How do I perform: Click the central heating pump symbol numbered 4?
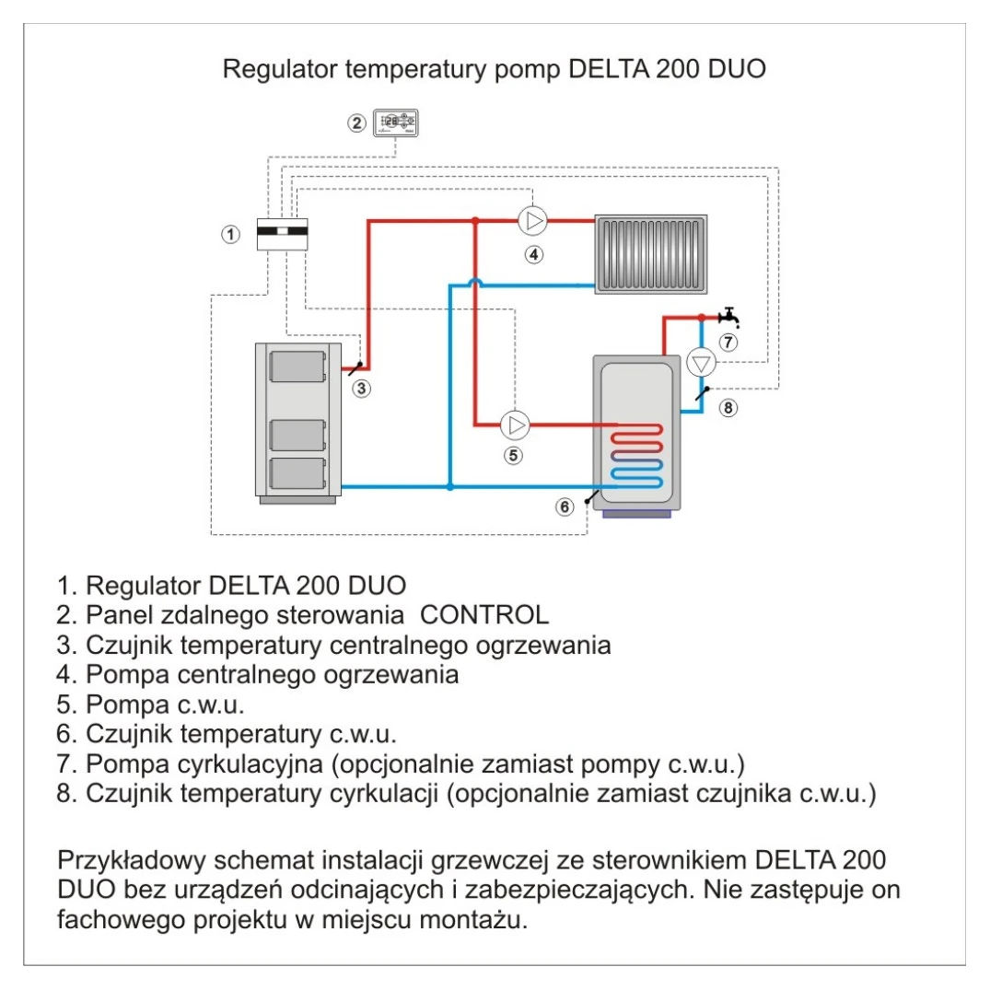[532, 221]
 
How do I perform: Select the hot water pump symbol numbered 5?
[515, 425]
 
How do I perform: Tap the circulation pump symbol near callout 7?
[702, 361]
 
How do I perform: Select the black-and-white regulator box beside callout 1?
[282, 234]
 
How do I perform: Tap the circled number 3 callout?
[363, 389]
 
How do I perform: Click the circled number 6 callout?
[565, 506]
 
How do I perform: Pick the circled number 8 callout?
[728, 408]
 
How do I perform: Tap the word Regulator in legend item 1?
[144, 586]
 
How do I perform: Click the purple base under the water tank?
[637, 513]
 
